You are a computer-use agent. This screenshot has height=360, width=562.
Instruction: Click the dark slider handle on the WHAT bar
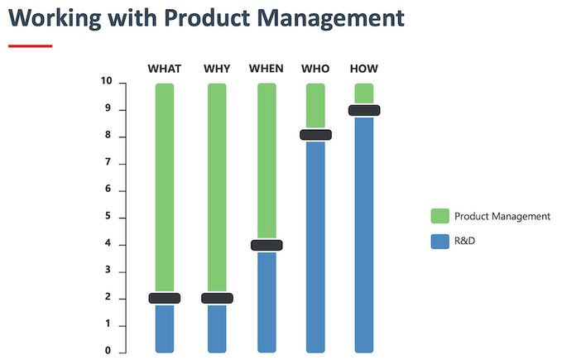tap(165, 298)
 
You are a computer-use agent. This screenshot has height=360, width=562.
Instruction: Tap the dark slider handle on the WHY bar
tap(217, 298)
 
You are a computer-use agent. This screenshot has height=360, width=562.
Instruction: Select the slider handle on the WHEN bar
tap(267, 245)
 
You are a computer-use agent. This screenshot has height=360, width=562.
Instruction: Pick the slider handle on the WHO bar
tap(316, 135)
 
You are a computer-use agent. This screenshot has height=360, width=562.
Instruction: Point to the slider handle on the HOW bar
tap(364, 110)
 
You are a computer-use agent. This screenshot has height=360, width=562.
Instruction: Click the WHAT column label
tap(165, 69)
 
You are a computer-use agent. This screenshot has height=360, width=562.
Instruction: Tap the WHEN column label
tap(267, 69)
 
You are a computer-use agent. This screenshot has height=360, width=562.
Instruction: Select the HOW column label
tap(364, 69)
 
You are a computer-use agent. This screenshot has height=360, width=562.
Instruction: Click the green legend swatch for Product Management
tap(440, 216)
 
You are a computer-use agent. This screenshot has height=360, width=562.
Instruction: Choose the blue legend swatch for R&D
tap(440, 242)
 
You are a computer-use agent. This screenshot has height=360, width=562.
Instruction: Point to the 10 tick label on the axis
tap(107, 81)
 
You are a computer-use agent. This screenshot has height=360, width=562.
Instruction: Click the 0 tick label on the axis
tap(108, 351)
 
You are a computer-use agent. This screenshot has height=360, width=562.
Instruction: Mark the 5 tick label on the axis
tap(108, 216)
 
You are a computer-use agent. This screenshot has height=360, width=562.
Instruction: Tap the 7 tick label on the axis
tap(108, 162)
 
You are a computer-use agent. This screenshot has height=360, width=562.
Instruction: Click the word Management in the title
tap(331, 18)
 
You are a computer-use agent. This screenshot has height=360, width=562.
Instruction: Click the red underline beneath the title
tap(31, 46)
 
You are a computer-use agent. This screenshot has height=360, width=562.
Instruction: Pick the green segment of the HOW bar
tap(364, 94)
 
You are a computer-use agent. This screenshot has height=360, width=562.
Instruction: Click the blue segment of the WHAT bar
tap(165, 328)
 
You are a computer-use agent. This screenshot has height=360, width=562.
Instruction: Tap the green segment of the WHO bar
tap(316, 107)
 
